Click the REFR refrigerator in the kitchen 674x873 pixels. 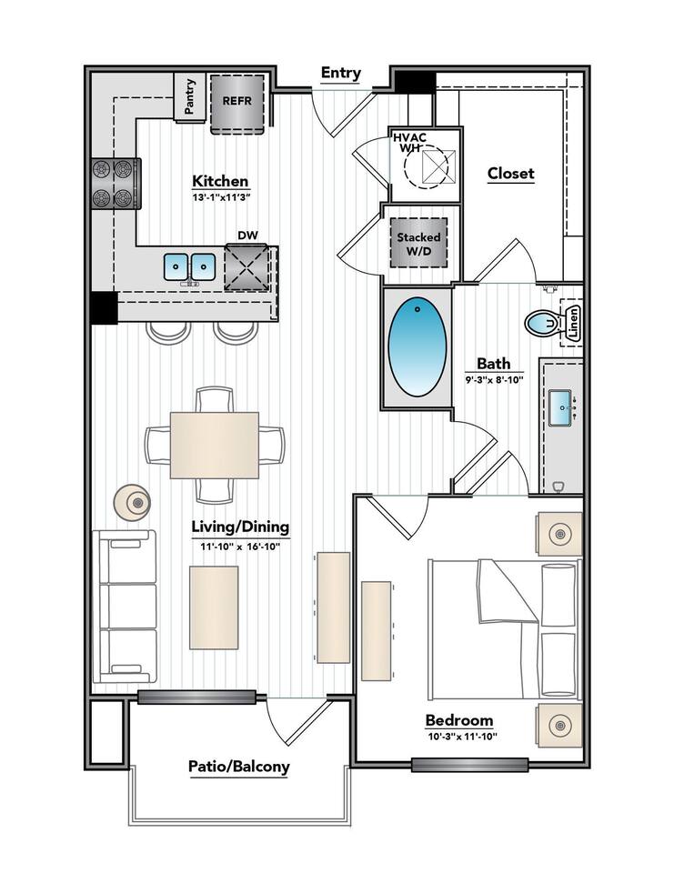(237, 101)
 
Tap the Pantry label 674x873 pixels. (189, 97)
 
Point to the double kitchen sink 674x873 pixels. (189, 266)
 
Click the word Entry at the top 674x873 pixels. (341, 73)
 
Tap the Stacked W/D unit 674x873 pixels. (418, 244)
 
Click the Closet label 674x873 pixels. (510, 173)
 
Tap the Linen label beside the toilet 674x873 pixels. (573, 323)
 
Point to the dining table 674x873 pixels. (215, 445)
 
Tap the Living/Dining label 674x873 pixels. (240, 527)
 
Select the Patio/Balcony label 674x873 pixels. (239, 766)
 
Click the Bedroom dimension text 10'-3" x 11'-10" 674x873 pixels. (461, 736)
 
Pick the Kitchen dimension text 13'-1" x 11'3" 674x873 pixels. (220, 196)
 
